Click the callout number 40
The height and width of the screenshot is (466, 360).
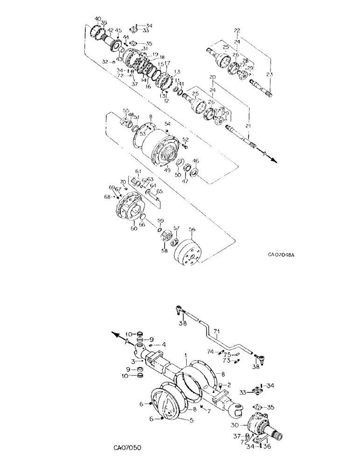pyautogui.click(x=97, y=19)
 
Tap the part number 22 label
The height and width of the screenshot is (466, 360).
pyautogui.click(x=237, y=31)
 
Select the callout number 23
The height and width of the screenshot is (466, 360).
pyautogui.click(x=270, y=74)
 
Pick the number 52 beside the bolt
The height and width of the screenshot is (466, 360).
pyautogui.click(x=186, y=139)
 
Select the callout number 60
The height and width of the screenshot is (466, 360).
pyautogui.click(x=121, y=228)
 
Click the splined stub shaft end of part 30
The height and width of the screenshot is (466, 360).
pyautogui.click(x=279, y=437)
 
